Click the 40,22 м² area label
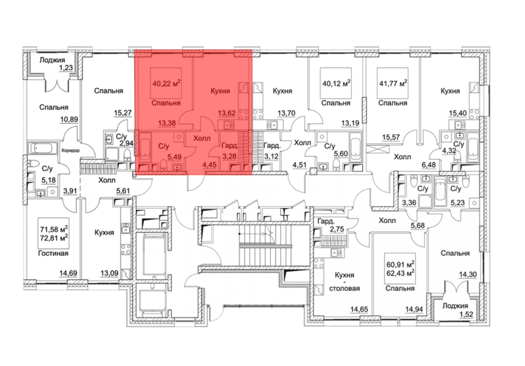tap(166, 83)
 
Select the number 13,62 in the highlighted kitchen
tap(227, 113)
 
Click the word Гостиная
tap(53, 253)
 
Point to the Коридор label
tap(70, 150)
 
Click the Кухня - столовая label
tap(344, 282)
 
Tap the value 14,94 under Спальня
tap(414, 309)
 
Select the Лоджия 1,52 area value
tap(466, 314)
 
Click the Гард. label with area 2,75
tap(326, 221)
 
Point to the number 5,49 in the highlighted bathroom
tap(175, 157)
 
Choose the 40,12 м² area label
tap(336, 83)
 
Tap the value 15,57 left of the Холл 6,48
tap(391, 137)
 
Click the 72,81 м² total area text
tap(54, 238)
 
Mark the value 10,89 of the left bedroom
tap(69, 119)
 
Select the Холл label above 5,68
tap(387, 220)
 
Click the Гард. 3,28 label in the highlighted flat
tap(229, 151)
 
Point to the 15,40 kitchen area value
tap(458, 113)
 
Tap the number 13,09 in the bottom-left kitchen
tap(109, 273)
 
